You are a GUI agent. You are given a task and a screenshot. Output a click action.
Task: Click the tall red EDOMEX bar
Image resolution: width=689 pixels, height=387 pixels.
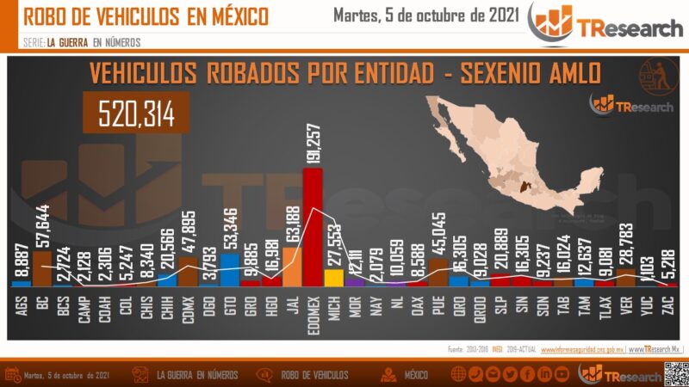[313, 228]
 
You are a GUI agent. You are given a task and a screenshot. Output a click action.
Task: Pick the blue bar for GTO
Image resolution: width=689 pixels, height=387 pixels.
[230, 268]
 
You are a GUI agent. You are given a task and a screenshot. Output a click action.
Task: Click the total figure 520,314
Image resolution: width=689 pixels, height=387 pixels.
[136, 113]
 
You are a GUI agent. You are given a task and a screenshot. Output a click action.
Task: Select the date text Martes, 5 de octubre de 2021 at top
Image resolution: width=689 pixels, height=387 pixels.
[425, 15]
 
